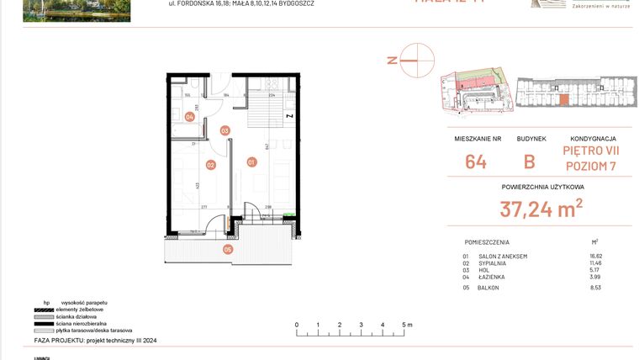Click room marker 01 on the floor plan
pyautogui.click(x=251, y=161)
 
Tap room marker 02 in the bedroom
pyautogui.click(x=211, y=165)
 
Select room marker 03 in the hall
pyautogui.click(x=224, y=130)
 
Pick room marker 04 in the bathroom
pyautogui.click(x=190, y=117)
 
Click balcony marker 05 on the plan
pyautogui.click(x=227, y=249)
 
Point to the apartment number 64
pyautogui.click(x=475, y=161)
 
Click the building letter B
pyautogui.click(x=530, y=161)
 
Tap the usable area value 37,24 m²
pyautogui.click(x=541, y=209)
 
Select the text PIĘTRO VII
pyautogui.click(x=593, y=151)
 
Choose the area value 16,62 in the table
pyautogui.click(x=596, y=256)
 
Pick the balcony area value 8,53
pyautogui.click(x=596, y=288)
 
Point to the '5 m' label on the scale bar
pyautogui.click(x=407, y=324)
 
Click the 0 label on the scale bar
pyautogui.click(x=296, y=324)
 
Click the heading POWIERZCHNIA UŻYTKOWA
pyautogui.click(x=542, y=187)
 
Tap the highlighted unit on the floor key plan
pyautogui.click(x=563, y=100)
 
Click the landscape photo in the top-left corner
pyautogui.click(x=77, y=10)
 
